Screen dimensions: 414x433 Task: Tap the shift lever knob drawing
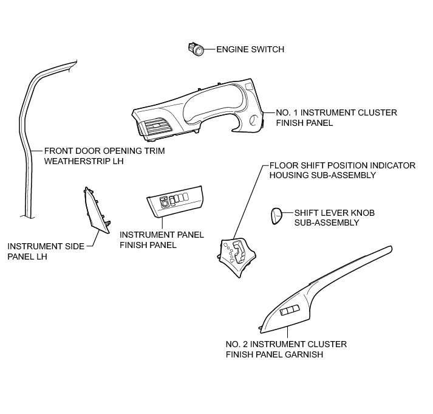coord(276,216)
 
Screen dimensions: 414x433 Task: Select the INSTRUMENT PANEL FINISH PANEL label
coord(162,240)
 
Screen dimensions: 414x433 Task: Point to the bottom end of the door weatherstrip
coord(26,214)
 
